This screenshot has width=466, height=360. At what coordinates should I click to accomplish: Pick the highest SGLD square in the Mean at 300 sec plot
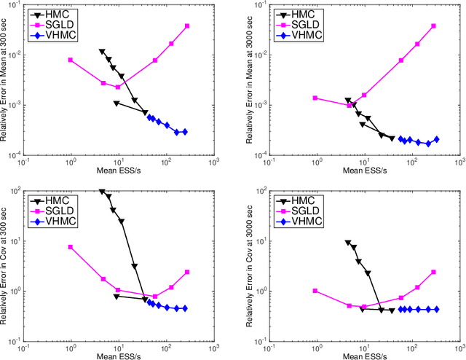coord(187,26)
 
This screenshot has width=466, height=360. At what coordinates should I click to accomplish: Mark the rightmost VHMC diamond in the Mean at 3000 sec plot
coord(437,139)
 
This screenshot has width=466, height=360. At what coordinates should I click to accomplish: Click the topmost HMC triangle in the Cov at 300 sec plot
coord(102,192)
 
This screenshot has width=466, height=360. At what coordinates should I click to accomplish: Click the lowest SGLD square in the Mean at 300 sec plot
coord(117,87)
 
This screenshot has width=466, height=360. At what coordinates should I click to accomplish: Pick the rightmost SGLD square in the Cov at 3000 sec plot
coord(434,272)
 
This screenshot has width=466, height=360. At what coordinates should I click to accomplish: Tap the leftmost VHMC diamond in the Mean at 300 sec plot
coord(149,117)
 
